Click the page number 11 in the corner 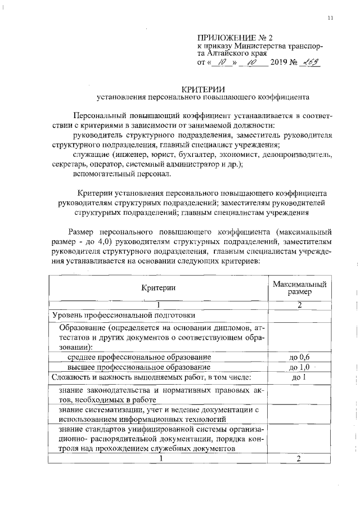point(331,19)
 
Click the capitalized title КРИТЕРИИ point(203,88)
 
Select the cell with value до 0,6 point(299,357)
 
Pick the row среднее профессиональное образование point(139,357)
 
